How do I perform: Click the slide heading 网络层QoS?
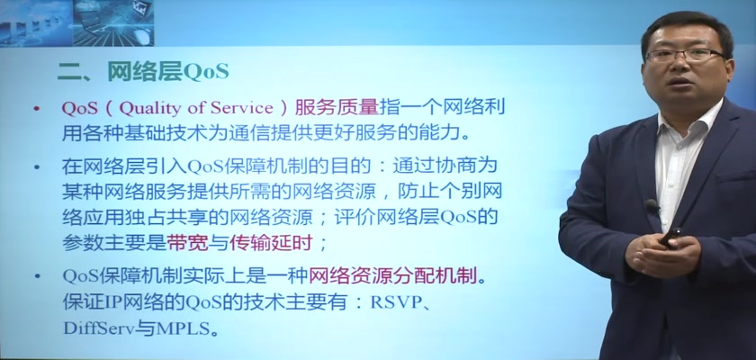coord(168,72)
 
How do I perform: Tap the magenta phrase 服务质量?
coord(337,107)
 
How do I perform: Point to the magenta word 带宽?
coord(187,243)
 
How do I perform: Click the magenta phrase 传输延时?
coord(271,243)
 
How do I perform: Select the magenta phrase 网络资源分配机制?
coord(391,276)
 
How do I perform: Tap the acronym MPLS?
coord(185,328)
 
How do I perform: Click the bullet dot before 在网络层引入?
coord(37,167)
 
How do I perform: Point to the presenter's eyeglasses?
coord(686,56)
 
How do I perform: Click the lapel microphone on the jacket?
coord(652,205)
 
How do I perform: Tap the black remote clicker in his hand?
coord(670,238)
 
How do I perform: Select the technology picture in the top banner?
coord(77,22)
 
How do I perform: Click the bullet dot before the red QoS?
coord(37,109)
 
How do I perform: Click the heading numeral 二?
coord(68,72)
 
